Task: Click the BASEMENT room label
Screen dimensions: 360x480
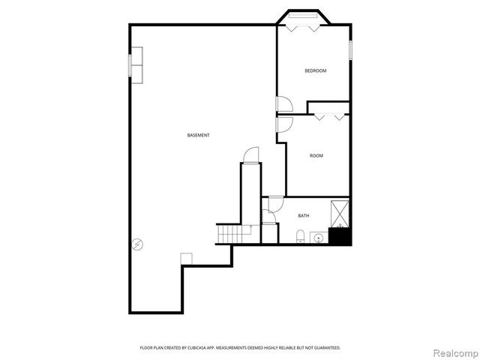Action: click(198, 135)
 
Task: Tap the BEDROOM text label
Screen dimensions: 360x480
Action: click(315, 71)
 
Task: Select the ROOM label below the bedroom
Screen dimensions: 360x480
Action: click(316, 156)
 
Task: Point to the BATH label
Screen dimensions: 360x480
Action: click(303, 216)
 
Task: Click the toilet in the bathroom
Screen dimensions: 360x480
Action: click(301, 238)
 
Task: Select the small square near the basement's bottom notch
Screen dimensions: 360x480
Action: click(186, 259)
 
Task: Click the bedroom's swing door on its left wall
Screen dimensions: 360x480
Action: click(282, 104)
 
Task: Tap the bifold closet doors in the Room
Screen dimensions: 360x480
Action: click(329, 116)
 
